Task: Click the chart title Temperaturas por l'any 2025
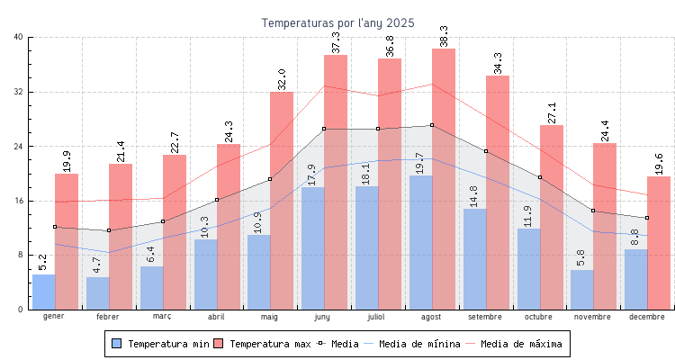coord(337,22)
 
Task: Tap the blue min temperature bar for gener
coord(43,292)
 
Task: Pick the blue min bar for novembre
coord(581,290)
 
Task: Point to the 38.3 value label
coord(444,37)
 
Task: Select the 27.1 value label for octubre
coord(552,112)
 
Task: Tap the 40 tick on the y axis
coord(19,37)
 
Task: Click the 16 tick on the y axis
coord(19,201)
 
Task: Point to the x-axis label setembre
coord(485,317)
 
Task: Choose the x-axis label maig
coord(270,317)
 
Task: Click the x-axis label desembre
coord(647,317)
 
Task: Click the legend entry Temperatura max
coord(263,344)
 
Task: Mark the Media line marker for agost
coord(432,125)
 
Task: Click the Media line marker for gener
coord(55,227)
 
